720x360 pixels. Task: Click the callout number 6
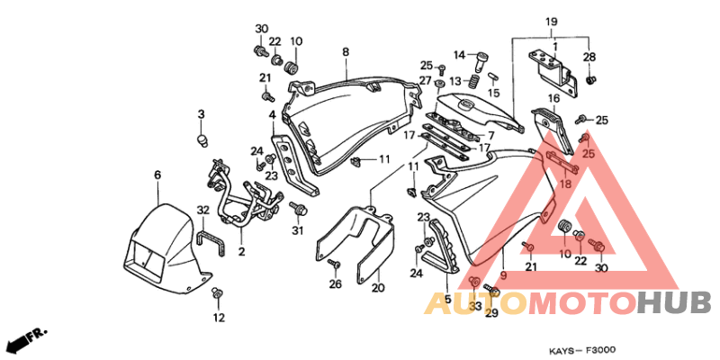pyautogui.click(x=157, y=175)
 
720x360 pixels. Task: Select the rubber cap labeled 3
pyautogui.click(x=202, y=139)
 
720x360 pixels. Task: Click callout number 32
pyautogui.click(x=203, y=211)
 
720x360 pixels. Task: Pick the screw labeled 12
pyautogui.click(x=217, y=292)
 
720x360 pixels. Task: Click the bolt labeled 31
pyautogui.click(x=298, y=210)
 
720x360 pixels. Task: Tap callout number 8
pyautogui.click(x=346, y=52)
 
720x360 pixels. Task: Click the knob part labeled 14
pyautogui.click(x=481, y=61)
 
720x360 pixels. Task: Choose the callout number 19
pyautogui.click(x=552, y=22)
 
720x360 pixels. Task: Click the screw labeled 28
pyautogui.click(x=591, y=80)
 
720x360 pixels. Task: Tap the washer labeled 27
pyautogui.click(x=439, y=85)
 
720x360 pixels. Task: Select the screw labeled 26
pyautogui.click(x=334, y=265)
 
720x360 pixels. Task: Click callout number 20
pyautogui.click(x=378, y=288)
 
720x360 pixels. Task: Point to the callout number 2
pyautogui.click(x=241, y=252)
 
